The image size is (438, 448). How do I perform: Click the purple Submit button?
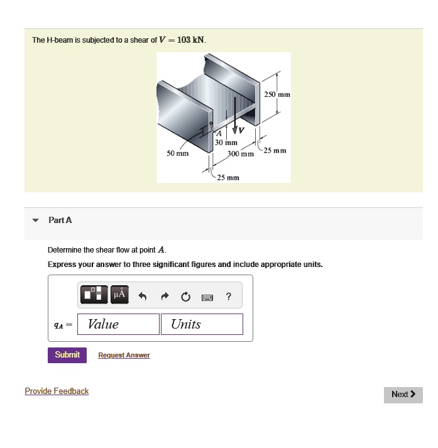pos(67,355)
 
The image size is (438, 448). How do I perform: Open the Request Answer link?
pos(124,356)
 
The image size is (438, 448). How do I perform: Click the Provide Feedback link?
pos(57,391)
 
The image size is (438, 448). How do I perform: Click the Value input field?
pos(119,324)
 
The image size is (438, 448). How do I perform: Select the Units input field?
pos(202,324)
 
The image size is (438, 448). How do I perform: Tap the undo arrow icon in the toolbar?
pos(143,296)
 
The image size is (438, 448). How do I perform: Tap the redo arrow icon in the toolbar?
pos(165,296)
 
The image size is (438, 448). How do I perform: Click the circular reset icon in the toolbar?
pos(186,296)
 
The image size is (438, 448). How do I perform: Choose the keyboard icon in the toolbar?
pos(207,297)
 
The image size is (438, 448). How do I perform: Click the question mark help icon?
pos(228,296)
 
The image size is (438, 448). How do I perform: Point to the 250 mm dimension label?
pos(276,94)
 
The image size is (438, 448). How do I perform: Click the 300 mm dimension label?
pos(240,154)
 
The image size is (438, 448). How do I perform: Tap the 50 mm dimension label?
pos(177,153)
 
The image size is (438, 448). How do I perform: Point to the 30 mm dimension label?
pos(226,143)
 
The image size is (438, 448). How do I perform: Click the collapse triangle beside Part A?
pos(36,221)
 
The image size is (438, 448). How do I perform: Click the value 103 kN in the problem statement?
pos(191,40)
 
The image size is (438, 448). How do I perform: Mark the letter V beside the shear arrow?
pos(239,131)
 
